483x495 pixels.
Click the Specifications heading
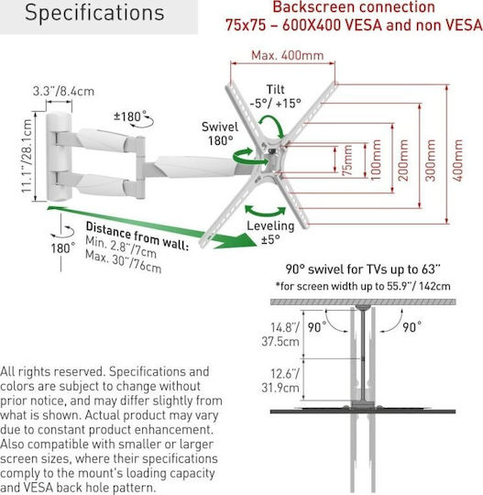[x=94, y=13]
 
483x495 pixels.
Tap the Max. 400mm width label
[x=287, y=56]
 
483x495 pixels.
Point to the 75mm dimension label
[x=347, y=160]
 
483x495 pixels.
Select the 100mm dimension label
[x=376, y=160]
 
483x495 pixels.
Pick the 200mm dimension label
[x=403, y=160]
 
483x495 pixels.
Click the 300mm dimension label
[x=430, y=160]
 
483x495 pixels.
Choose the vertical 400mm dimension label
[x=457, y=160]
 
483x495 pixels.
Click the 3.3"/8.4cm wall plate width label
[x=63, y=92]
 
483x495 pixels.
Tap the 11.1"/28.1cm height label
[x=27, y=156]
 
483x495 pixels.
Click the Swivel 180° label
[x=220, y=134]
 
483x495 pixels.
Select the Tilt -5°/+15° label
[x=275, y=96]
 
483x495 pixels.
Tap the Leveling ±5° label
[x=270, y=232]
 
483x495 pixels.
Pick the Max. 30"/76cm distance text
[x=124, y=262]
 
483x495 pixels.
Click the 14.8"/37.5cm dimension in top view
[x=280, y=335]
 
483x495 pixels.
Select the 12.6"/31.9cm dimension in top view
[x=280, y=380]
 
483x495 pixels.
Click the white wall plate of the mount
[x=59, y=157]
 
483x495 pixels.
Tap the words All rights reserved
[x=52, y=371]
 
